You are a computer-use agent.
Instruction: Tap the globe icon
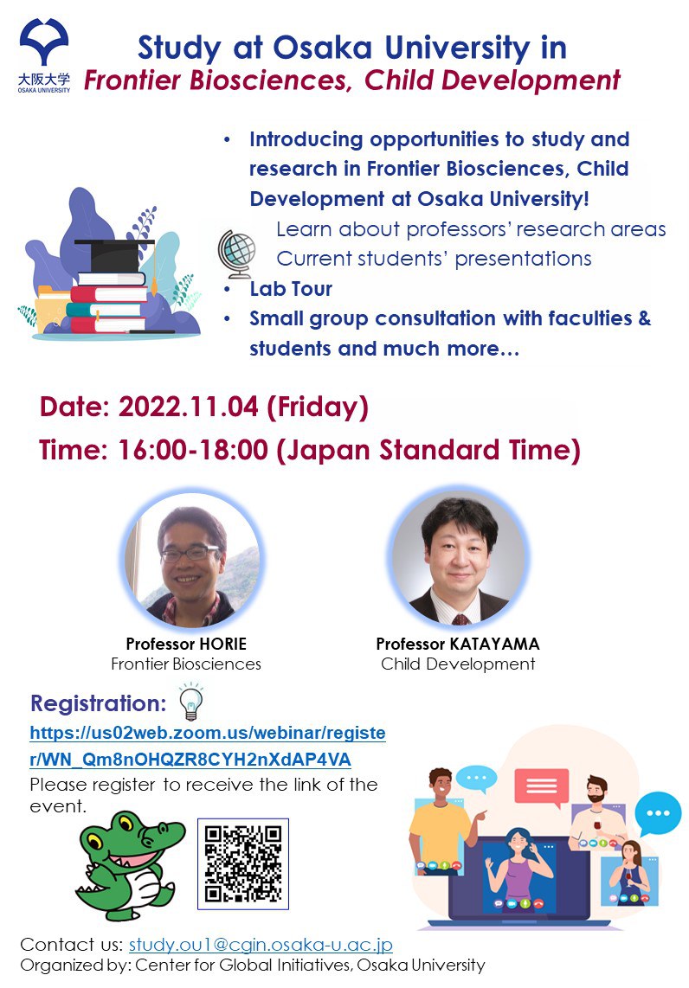tap(237, 254)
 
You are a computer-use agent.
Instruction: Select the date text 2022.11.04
tap(189, 407)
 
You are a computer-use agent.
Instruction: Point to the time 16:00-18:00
tap(193, 450)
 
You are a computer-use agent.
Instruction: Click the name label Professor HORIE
tap(186, 644)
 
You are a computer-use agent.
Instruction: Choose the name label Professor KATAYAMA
tap(458, 644)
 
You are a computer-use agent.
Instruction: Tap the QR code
tap(243, 864)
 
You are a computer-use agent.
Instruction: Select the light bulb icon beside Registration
tap(191, 702)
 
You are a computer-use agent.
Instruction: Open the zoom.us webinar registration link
tap(208, 746)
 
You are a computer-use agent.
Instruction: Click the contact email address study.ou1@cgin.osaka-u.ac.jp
tap(261, 945)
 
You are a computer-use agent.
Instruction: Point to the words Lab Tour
tap(291, 289)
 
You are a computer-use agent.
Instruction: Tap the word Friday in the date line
tap(318, 407)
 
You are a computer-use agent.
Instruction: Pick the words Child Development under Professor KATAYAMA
tap(458, 664)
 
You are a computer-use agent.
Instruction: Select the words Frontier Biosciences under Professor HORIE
tap(186, 664)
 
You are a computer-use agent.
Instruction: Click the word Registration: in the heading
tap(99, 703)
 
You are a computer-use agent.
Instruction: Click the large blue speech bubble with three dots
tap(658, 813)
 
